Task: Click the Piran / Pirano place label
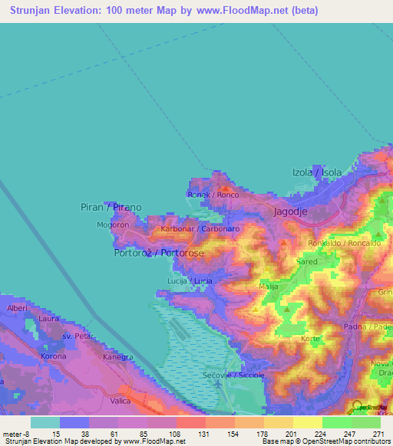[111, 207]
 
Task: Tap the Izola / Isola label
[317, 172]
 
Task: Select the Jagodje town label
[292, 210]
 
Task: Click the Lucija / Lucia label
[190, 281]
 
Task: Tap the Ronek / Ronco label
[213, 195]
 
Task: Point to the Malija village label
[269, 287]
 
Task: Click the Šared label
[307, 261]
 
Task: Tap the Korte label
[310, 338]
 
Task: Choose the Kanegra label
[118, 357]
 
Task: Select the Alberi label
[17, 307]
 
